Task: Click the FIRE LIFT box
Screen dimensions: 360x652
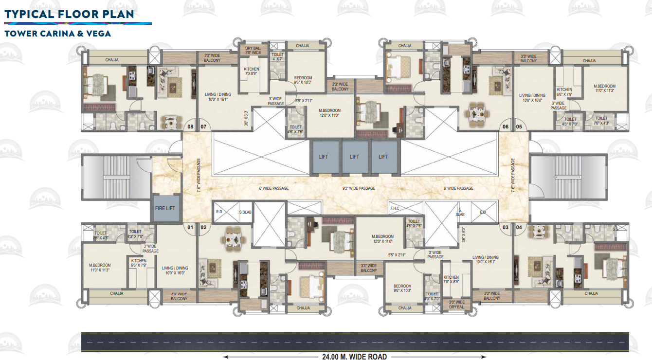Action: click(165, 208)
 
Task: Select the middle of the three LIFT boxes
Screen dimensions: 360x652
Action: click(354, 157)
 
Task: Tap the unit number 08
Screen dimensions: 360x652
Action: click(190, 127)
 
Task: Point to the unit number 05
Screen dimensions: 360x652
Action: click(519, 127)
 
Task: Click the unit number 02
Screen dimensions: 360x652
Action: click(203, 227)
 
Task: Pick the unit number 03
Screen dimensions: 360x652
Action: click(506, 227)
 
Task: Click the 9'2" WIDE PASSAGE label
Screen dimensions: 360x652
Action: click(359, 188)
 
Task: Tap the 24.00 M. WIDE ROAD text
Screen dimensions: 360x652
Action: click(354, 357)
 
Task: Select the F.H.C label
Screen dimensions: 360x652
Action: click(394, 209)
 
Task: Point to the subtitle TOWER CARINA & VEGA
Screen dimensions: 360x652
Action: click(57, 34)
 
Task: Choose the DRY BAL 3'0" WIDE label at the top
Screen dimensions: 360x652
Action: click(253, 51)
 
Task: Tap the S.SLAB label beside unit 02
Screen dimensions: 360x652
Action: click(245, 212)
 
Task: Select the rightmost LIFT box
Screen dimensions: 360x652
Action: click(383, 157)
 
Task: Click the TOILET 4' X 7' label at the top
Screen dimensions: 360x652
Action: click(277, 57)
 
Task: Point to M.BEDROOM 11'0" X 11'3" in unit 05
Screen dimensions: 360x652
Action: click(604, 88)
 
